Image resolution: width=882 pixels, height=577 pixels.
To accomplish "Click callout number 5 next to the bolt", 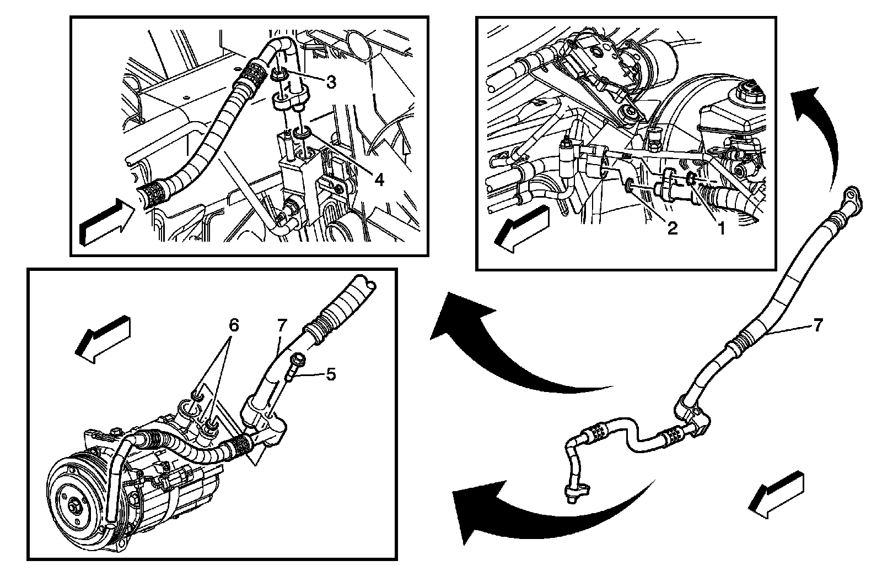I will (x=330, y=374).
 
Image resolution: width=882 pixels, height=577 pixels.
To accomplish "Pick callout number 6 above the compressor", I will (x=233, y=325).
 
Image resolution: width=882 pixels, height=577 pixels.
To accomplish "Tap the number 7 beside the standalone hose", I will (x=818, y=325).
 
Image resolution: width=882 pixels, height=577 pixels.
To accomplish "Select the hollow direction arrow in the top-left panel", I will (x=107, y=222).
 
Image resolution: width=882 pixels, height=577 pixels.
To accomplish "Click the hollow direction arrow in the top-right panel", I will (x=521, y=228).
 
